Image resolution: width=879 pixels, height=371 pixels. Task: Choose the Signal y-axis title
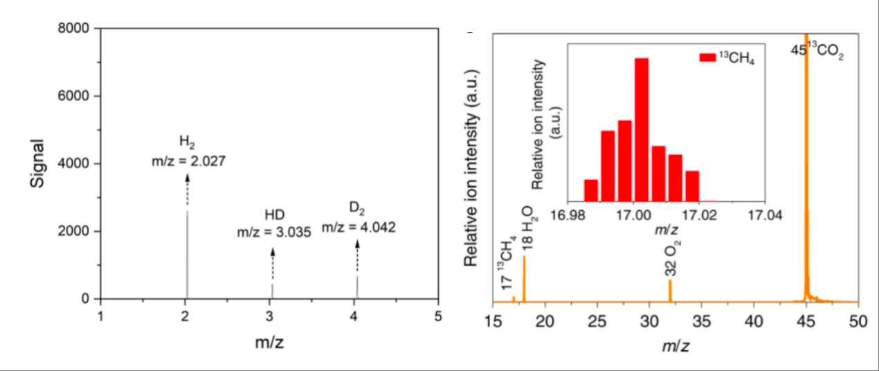click(x=37, y=163)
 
